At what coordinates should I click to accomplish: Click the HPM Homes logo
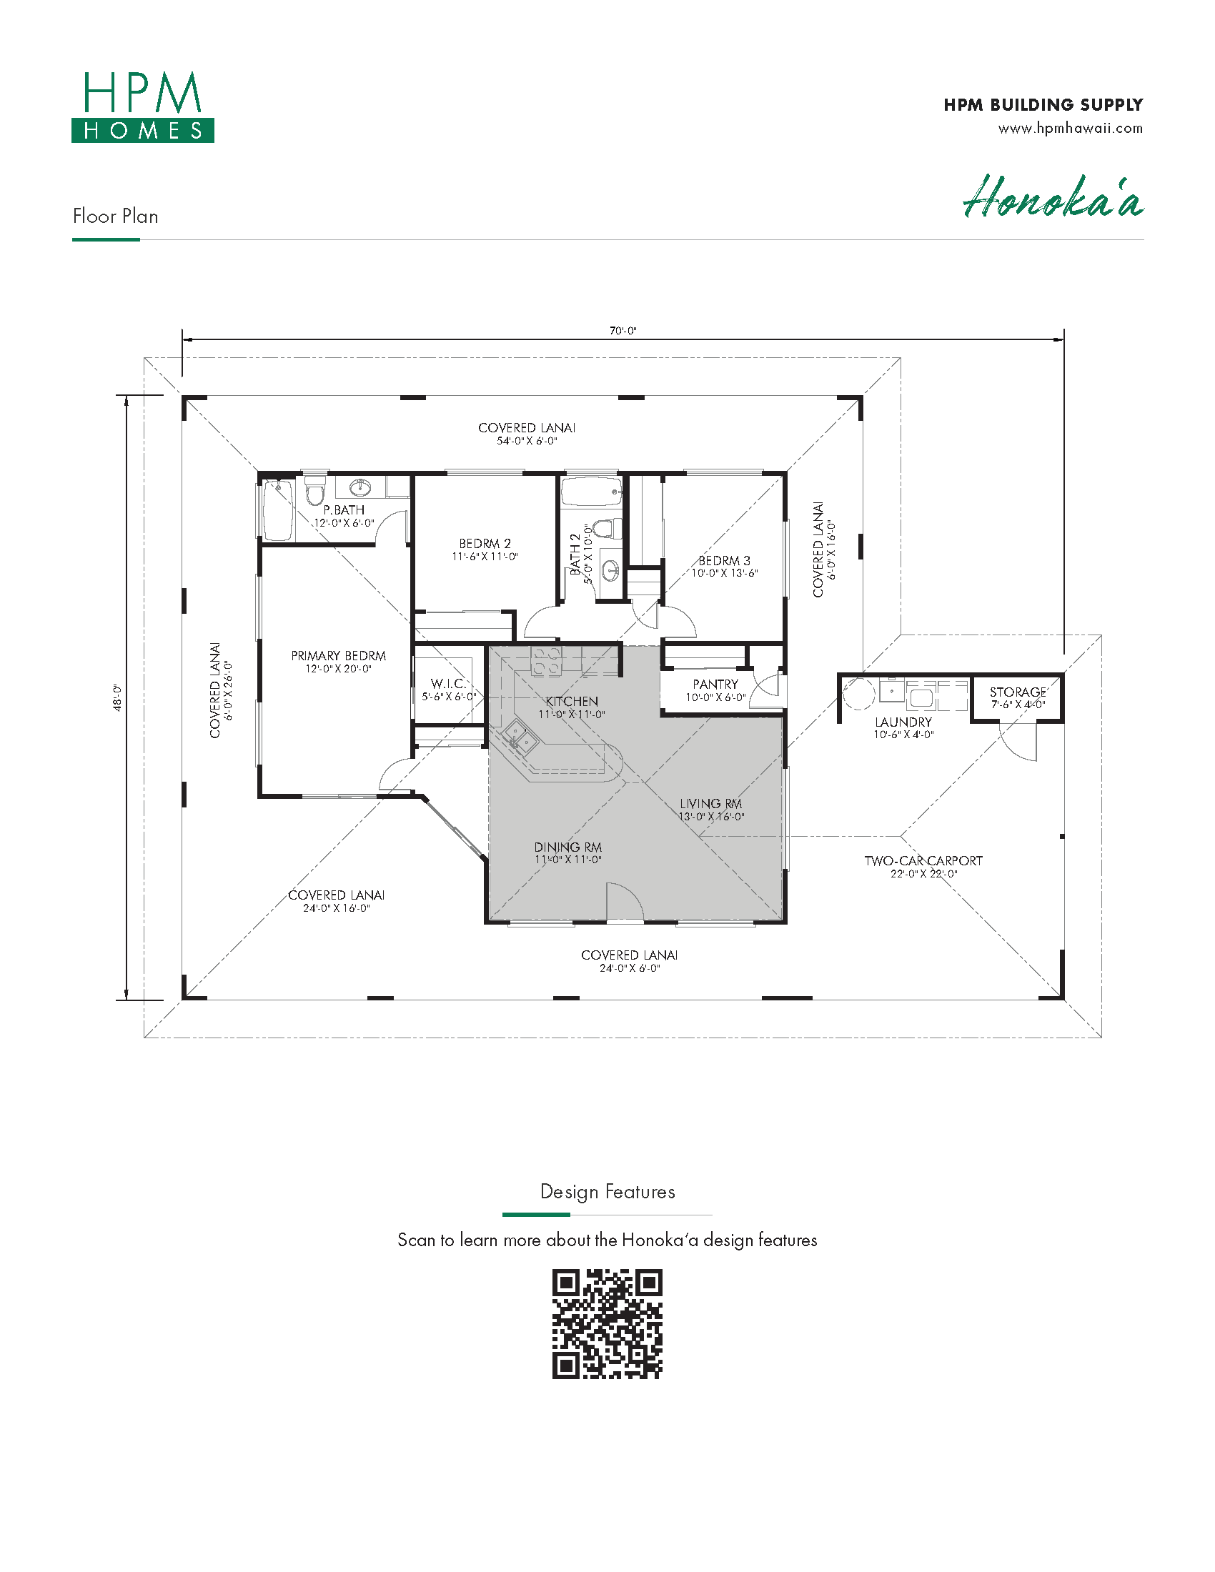click(142, 106)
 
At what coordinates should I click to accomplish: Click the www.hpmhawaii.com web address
click(1071, 129)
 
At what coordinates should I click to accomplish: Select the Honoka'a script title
click(1053, 196)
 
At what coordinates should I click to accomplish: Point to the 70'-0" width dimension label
click(623, 331)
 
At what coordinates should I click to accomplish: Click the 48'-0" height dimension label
click(117, 697)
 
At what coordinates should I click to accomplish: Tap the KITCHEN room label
click(572, 701)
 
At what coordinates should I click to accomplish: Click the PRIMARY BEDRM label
click(338, 656)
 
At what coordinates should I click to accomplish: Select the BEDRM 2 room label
click(485, 544)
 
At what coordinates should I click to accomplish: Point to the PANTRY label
click(715, 684)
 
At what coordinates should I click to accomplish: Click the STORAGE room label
click(1018, 692)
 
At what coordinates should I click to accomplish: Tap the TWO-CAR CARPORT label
click(923, 861)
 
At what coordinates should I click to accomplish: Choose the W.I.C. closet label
click(447, 683)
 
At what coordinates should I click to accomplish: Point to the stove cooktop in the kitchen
click(546, 660)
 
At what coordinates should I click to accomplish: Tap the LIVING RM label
click(710, 803)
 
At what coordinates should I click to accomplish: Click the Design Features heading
click(607, 1192)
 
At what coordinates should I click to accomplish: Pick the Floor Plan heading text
click(115, 216)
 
